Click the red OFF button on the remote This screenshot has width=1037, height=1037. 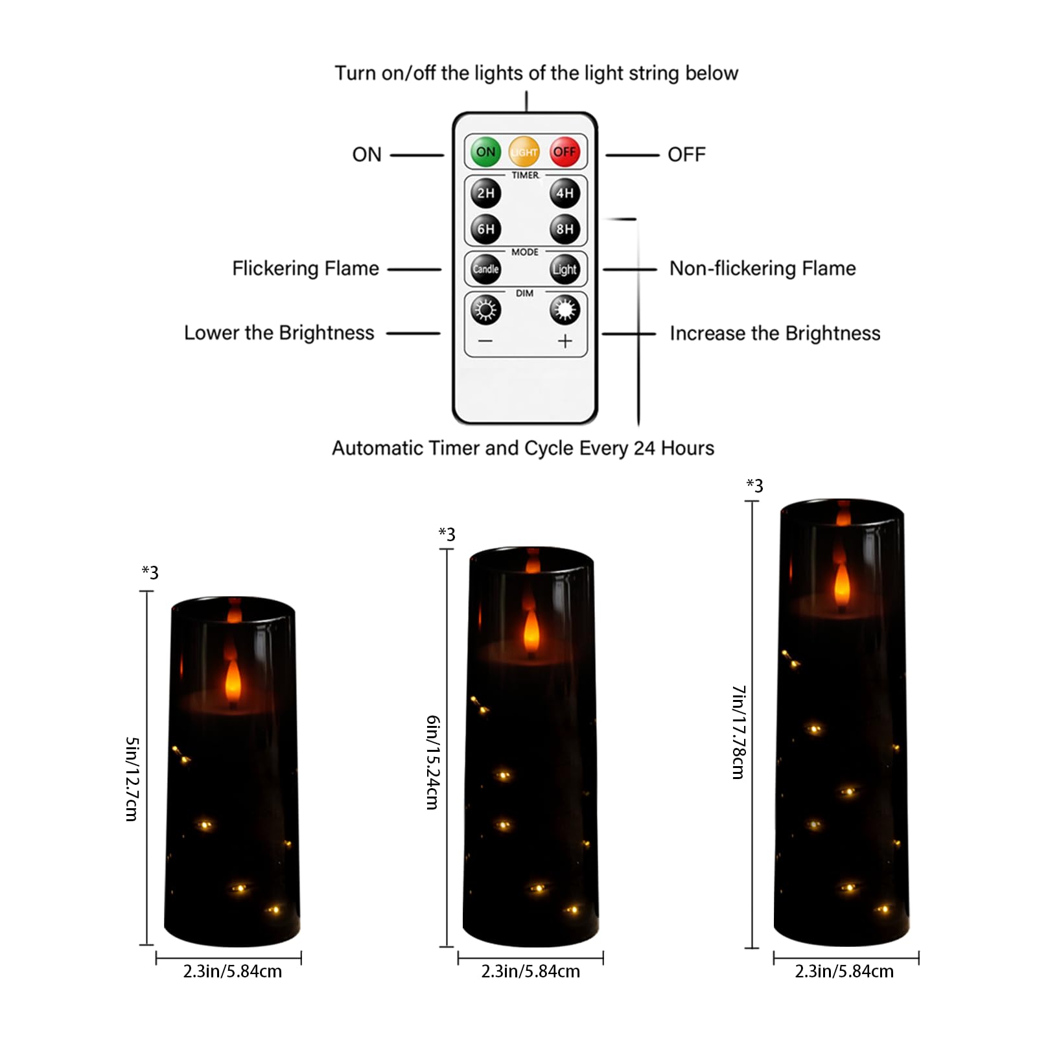(564, 152)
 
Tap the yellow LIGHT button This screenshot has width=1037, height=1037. (524, 152)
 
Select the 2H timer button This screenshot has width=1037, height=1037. (485, 193)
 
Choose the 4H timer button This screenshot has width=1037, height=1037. (565, 193)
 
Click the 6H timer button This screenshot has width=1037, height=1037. (485, 229)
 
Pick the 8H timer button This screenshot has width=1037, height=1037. (565, 229)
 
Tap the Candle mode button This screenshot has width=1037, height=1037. (485, 269)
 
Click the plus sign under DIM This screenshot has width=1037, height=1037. (565, 341)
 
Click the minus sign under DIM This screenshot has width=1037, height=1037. (485, 341)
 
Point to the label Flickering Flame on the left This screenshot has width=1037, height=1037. (305, 268)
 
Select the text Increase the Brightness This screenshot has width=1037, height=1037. (775, 333)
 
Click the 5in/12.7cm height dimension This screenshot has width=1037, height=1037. (132, 778)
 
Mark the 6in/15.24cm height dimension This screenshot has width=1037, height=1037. (433, 762)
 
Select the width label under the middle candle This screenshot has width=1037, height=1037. (530, 971)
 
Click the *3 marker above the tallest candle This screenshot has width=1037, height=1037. (754, 485)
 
